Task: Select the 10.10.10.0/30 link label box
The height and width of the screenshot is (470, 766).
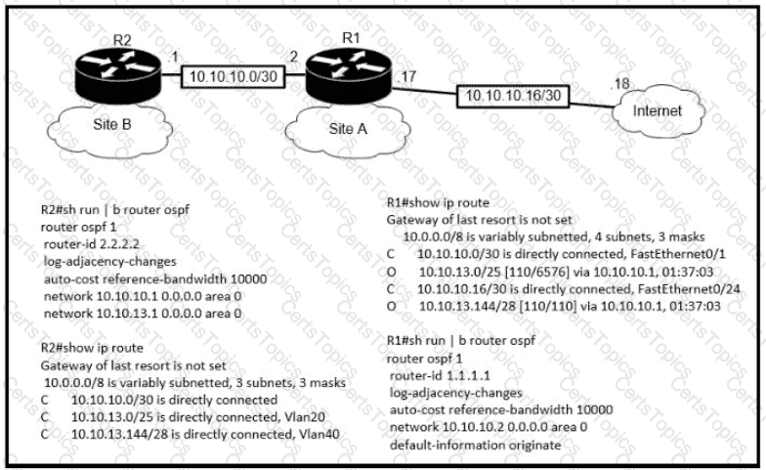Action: coord(233,76)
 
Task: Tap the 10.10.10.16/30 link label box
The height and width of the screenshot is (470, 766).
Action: coord(513,96)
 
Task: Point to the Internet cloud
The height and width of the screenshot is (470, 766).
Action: coord(658,111)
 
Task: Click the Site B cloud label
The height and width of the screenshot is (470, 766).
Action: coord(111,125)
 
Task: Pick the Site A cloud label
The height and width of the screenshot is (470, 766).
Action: coord(348,129)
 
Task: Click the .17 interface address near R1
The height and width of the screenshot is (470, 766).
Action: coord(406,76)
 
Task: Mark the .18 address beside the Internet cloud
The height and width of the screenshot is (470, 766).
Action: coord(619,84)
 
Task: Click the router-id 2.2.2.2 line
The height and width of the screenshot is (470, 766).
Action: coord(92,244)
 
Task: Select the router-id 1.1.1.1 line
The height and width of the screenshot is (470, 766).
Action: coord(440,375)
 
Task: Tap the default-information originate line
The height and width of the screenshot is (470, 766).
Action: coord(475,446)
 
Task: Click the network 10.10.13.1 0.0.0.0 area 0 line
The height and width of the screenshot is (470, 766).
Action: coord(143,313)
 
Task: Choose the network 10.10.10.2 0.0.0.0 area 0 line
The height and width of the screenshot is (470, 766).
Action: coord(489,427)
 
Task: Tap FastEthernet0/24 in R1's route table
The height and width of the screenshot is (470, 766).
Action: coord(689,289)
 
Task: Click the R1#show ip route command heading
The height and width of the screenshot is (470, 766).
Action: coord(438,203)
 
